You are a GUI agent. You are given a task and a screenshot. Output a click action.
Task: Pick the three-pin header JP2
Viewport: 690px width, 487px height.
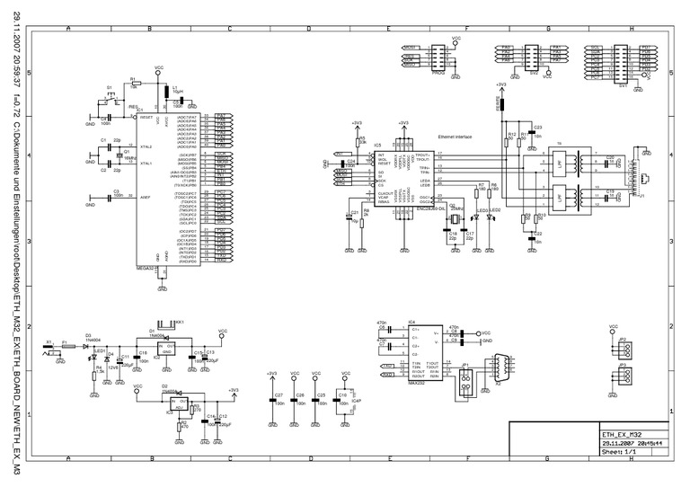click(626, 349)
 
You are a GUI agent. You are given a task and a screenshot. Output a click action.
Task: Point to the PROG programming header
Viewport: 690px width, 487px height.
click(438, 58)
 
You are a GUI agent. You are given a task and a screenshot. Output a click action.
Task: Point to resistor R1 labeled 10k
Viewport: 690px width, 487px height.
click(133, 82)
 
